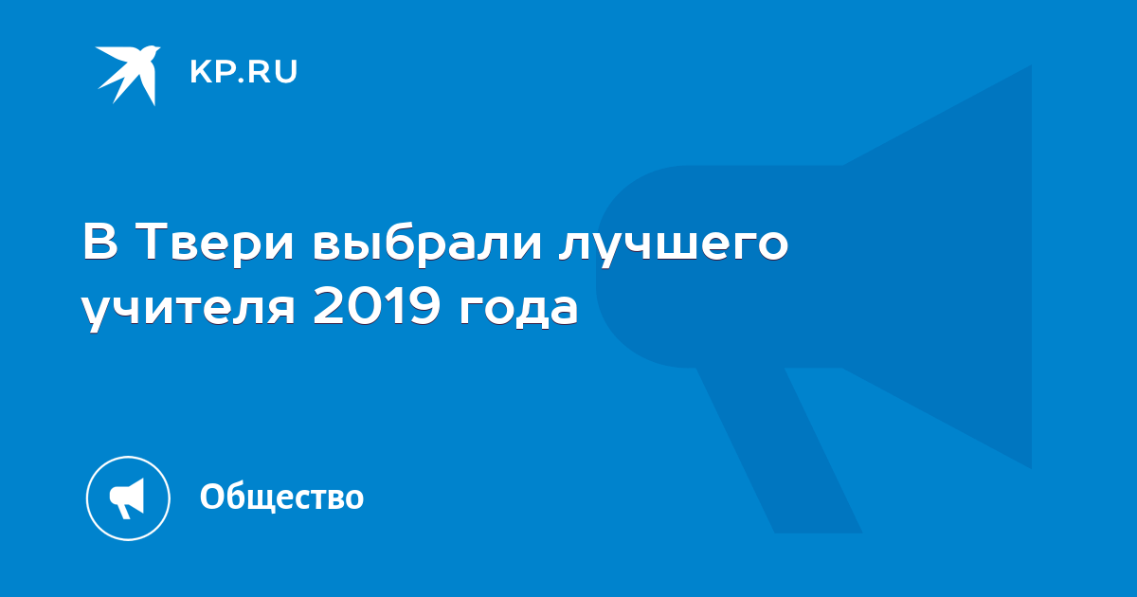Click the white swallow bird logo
pyautogui.click(x=128, y=75)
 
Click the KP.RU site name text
pyautogui.click(x=244, y=72)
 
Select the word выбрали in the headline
pyautogui.click(x=427, y=242)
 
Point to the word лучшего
pyautogui.click(x=674, y=246)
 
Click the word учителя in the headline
pyautogui.click(x=189, y=310)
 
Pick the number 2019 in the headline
pyautogui.click(x=376, y=306)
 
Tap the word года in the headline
pyautogui.click(x=519, y=310)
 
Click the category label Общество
pyautogui.click(x=281, y=497)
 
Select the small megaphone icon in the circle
pyautogui.click(x=127, y=497)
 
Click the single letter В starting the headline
pyautogui.click(x=100, y=243)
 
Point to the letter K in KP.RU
pyautogui.click(x=200, y=72)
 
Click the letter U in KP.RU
pyautogui.click(x=286, y=72)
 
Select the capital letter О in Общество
pyautogui.click(x=213, y=497)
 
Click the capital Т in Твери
pyautogui.click(x=155, y=243)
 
